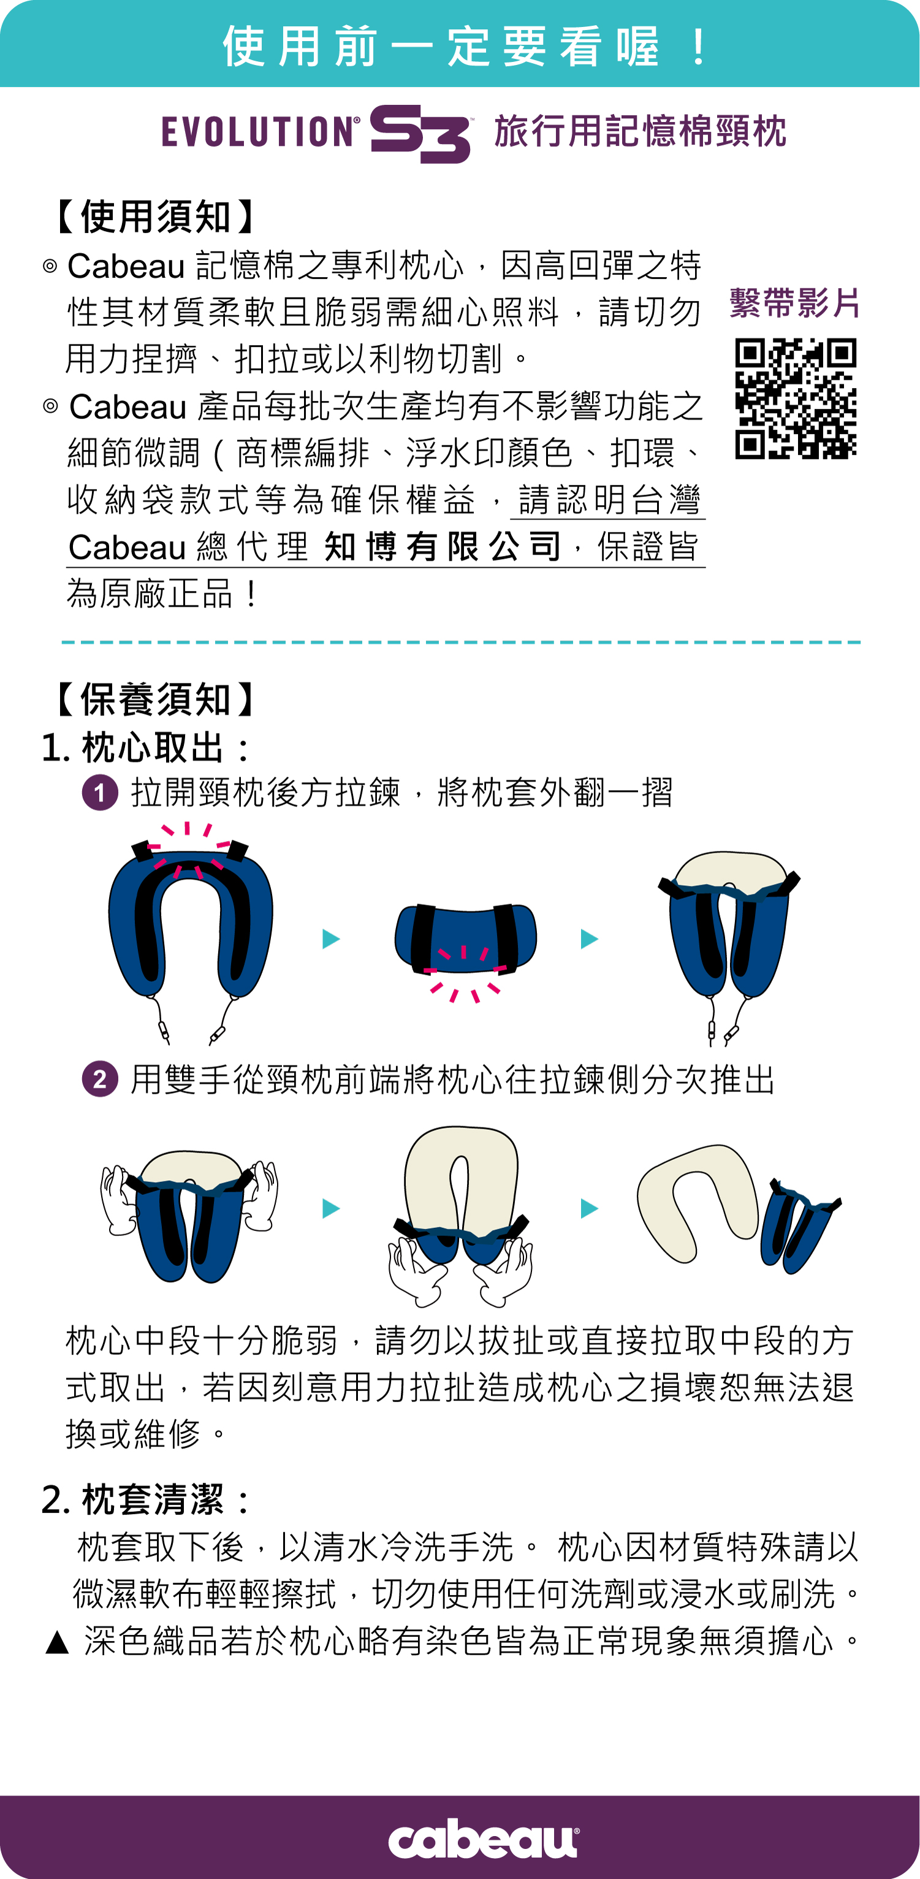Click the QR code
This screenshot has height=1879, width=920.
[x=796, y=398]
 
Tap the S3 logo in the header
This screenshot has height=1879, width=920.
[x=420, y=134]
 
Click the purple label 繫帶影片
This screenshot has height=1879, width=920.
[x=794, y=303]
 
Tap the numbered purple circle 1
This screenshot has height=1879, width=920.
[x=100, y=793]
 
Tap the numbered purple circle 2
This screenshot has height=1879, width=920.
[x=100, y=1079]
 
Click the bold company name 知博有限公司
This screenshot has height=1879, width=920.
[x=443, y=546]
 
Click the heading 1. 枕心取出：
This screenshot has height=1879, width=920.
[x=146, y=748]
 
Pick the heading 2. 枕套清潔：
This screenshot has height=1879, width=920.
[x=146, y=1500]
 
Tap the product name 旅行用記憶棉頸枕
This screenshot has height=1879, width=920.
[x=641, y=132]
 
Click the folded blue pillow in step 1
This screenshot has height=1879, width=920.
[x=466, y=939]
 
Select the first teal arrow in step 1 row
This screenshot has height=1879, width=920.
[x=331, y=939]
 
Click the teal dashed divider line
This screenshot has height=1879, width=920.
[x=461, y=642]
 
